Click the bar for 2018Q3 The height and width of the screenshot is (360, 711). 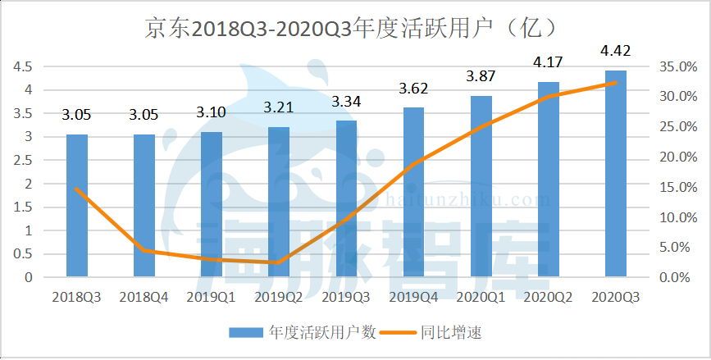pyautogui.click(x=77, y=205)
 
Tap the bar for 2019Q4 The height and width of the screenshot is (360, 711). pyautogui.click(x=413, y=192)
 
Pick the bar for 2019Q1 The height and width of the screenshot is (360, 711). pyautogui.click(x=212, y=204)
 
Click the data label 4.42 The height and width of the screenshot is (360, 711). pyautogui.click(x=615, y=52)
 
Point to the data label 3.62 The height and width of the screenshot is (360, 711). pyautogui.click(x=413, y=87)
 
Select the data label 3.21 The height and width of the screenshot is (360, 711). pyautogui.click(x=279, y=107)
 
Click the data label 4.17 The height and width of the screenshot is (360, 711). pyautogui.click(x=548, y=62)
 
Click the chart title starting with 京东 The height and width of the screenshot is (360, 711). pyautogui.click(x=353, y=29)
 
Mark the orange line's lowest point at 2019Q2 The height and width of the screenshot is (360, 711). pyautogui.click(x=279, y=262)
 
